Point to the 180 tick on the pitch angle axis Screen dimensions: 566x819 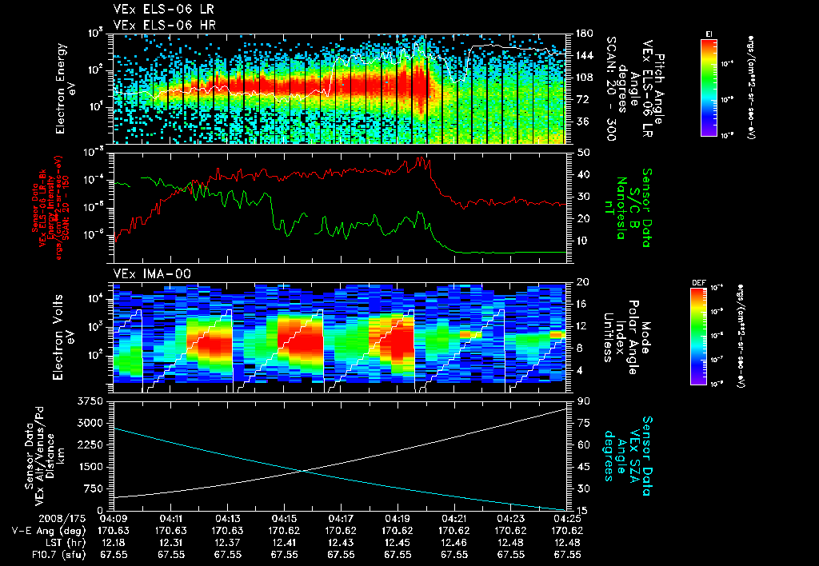(584, 33)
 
